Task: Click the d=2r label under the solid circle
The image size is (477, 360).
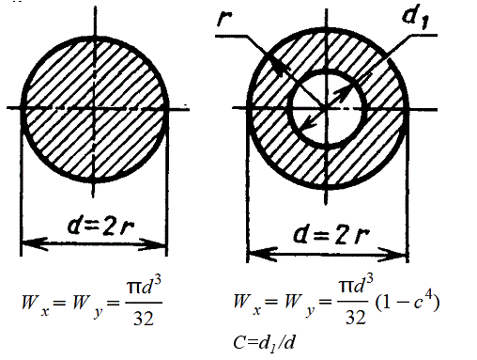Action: (x=100, y=226)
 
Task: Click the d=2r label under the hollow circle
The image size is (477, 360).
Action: (x=331, y=235)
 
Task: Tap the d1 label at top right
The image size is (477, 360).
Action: (x=415, y=17)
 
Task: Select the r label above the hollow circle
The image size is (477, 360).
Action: (x=224, y=19)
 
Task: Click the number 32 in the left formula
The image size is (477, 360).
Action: (x=144, y=319)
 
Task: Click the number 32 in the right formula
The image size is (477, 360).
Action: (x=356, y=317)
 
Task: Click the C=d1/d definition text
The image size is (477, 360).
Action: (x=264, y=343)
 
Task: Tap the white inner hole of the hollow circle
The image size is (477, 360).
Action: (x=327, y=109)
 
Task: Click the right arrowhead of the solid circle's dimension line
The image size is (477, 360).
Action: (x=154, y=244)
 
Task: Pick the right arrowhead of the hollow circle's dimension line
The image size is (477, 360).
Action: (x=393, y=255)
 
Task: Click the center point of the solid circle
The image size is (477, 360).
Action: (x=95, y=109)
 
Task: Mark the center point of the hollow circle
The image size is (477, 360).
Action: (x=327, y=109)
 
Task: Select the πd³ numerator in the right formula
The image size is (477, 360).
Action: (x=356, y=285)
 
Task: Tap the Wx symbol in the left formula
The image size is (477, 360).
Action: (x=35, y=305)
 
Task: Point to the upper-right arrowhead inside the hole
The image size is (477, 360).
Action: (x=344, y=91)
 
